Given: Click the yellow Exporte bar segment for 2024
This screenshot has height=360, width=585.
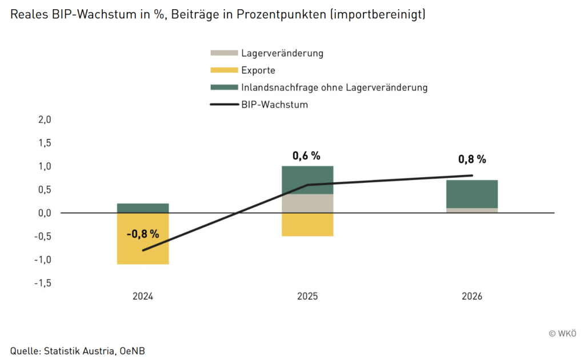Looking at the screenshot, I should click(x=143, y=254).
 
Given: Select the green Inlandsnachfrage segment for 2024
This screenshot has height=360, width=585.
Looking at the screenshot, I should click(x=143, y=208).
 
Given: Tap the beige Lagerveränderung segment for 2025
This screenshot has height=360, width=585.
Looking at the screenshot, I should click(x=307, y=203).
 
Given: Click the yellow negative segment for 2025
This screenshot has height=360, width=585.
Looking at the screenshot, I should click(x=307, y=225).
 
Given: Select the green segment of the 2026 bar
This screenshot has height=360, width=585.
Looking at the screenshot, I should click(x=472, y=194).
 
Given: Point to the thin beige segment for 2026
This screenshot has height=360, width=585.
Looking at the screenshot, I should click(x=472, y=210).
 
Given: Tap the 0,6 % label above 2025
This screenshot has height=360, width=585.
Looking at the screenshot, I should click(x=307, y=155).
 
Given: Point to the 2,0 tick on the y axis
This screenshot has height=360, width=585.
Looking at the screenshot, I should click(x=45, y=120).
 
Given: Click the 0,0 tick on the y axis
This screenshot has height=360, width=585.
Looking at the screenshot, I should click(x=45, y=213).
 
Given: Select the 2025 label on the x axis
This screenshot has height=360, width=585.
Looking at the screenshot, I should click(x=307, y=297).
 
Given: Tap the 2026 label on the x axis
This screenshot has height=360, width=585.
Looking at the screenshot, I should click(x=472, y=297).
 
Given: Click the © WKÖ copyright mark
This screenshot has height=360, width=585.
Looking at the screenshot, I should click(x=562, y=333).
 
